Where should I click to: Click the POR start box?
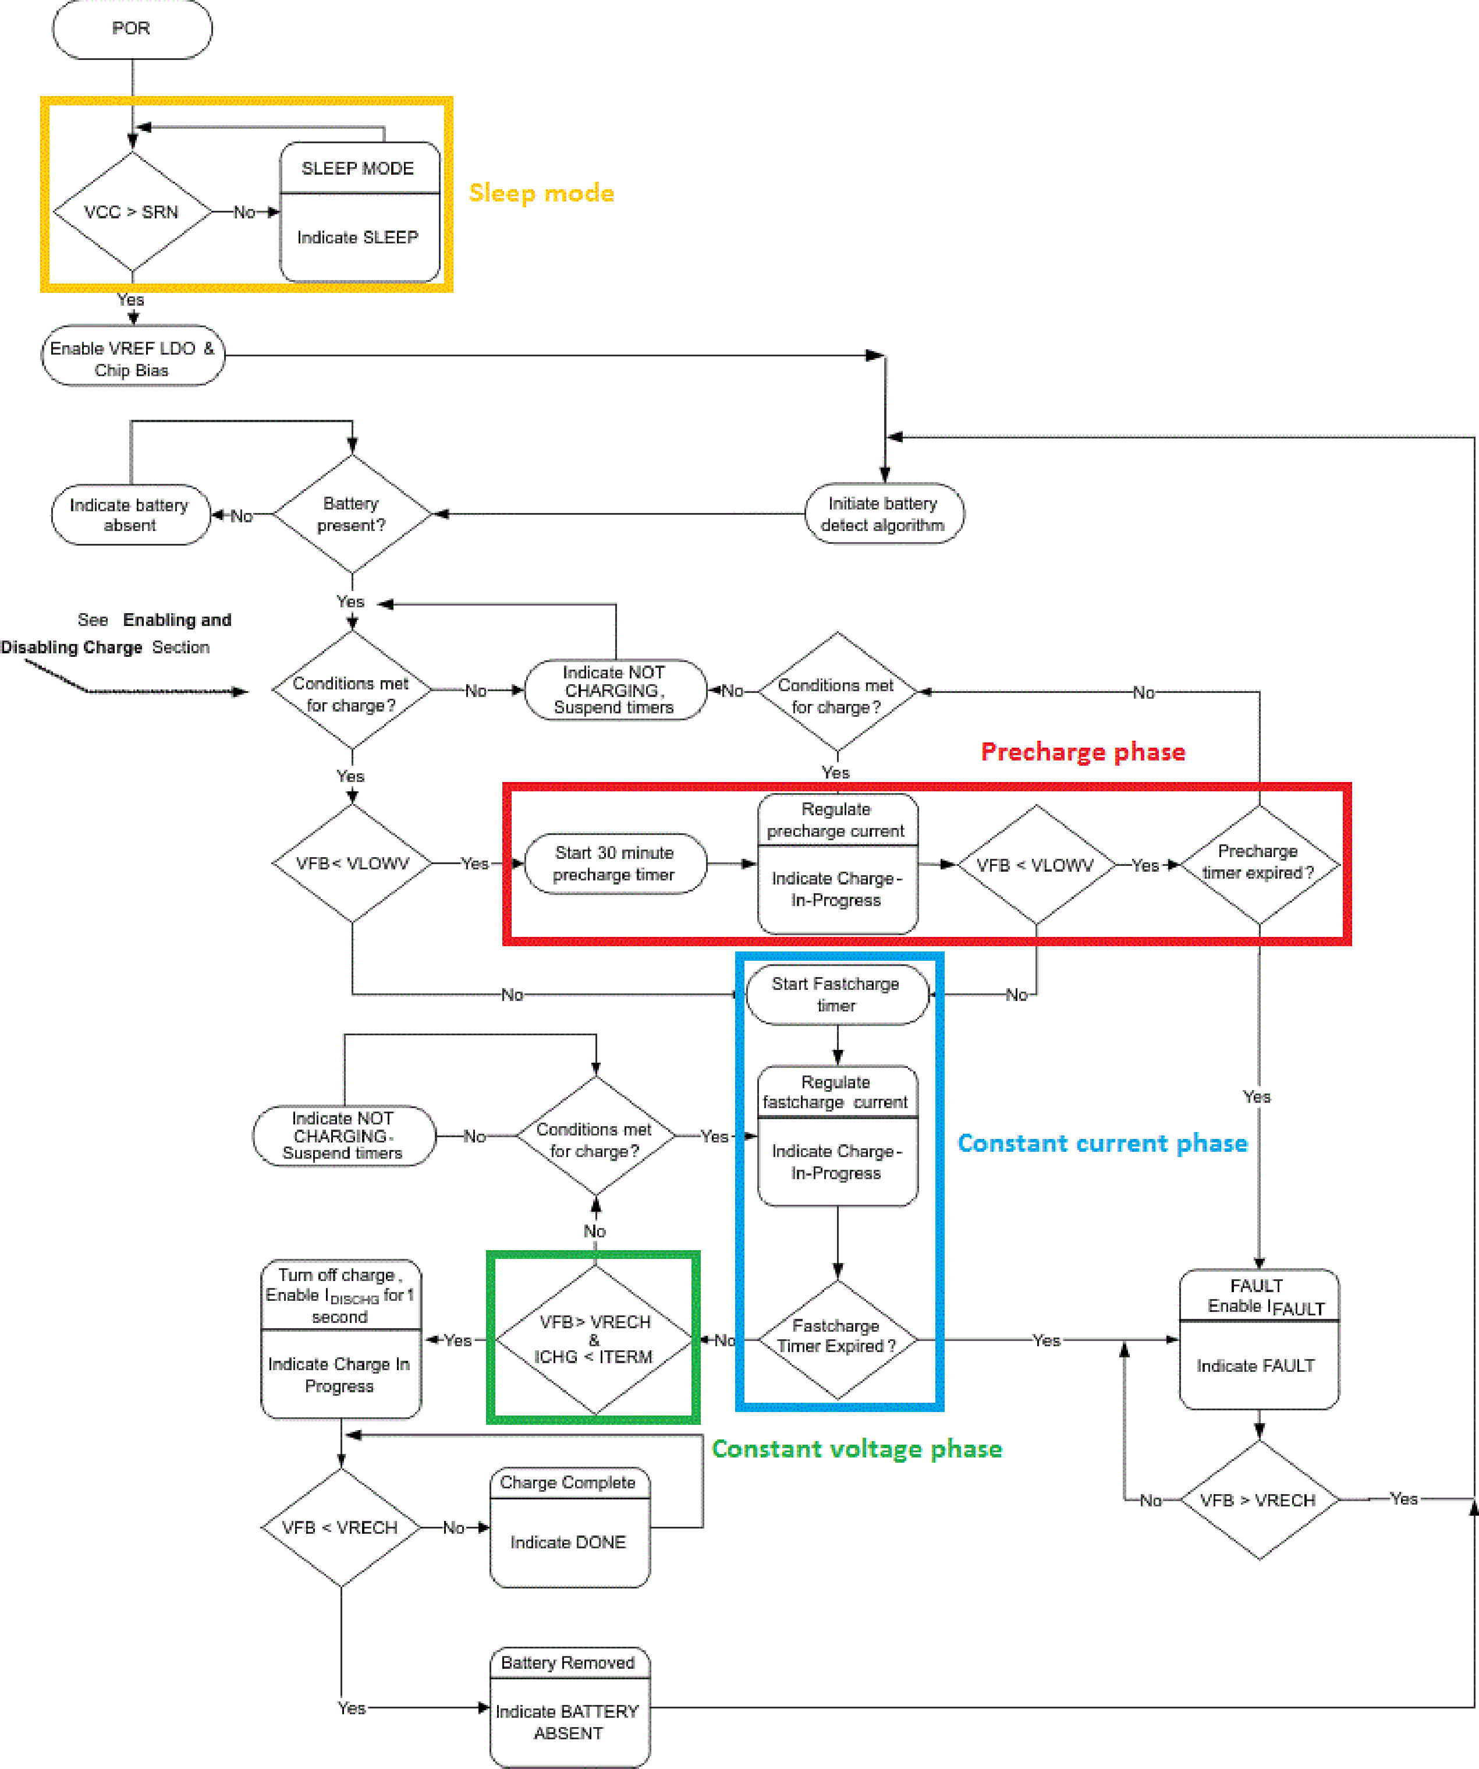(132, 29)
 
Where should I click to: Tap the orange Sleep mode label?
(541, 193)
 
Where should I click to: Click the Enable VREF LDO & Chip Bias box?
(132, 358)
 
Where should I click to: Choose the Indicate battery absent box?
(130, 515)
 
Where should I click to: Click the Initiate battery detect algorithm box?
(884, 514)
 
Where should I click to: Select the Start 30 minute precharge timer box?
(614, 864)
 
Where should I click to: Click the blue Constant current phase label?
(1102, 1143)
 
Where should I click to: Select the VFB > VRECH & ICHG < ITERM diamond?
(595, 1339)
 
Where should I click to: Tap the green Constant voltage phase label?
(857, 1449)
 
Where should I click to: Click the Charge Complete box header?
(569, 1483)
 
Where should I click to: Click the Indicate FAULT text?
(1256, 1366)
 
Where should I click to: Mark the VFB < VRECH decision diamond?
(341, 1527)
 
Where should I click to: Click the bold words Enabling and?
(177, 620)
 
